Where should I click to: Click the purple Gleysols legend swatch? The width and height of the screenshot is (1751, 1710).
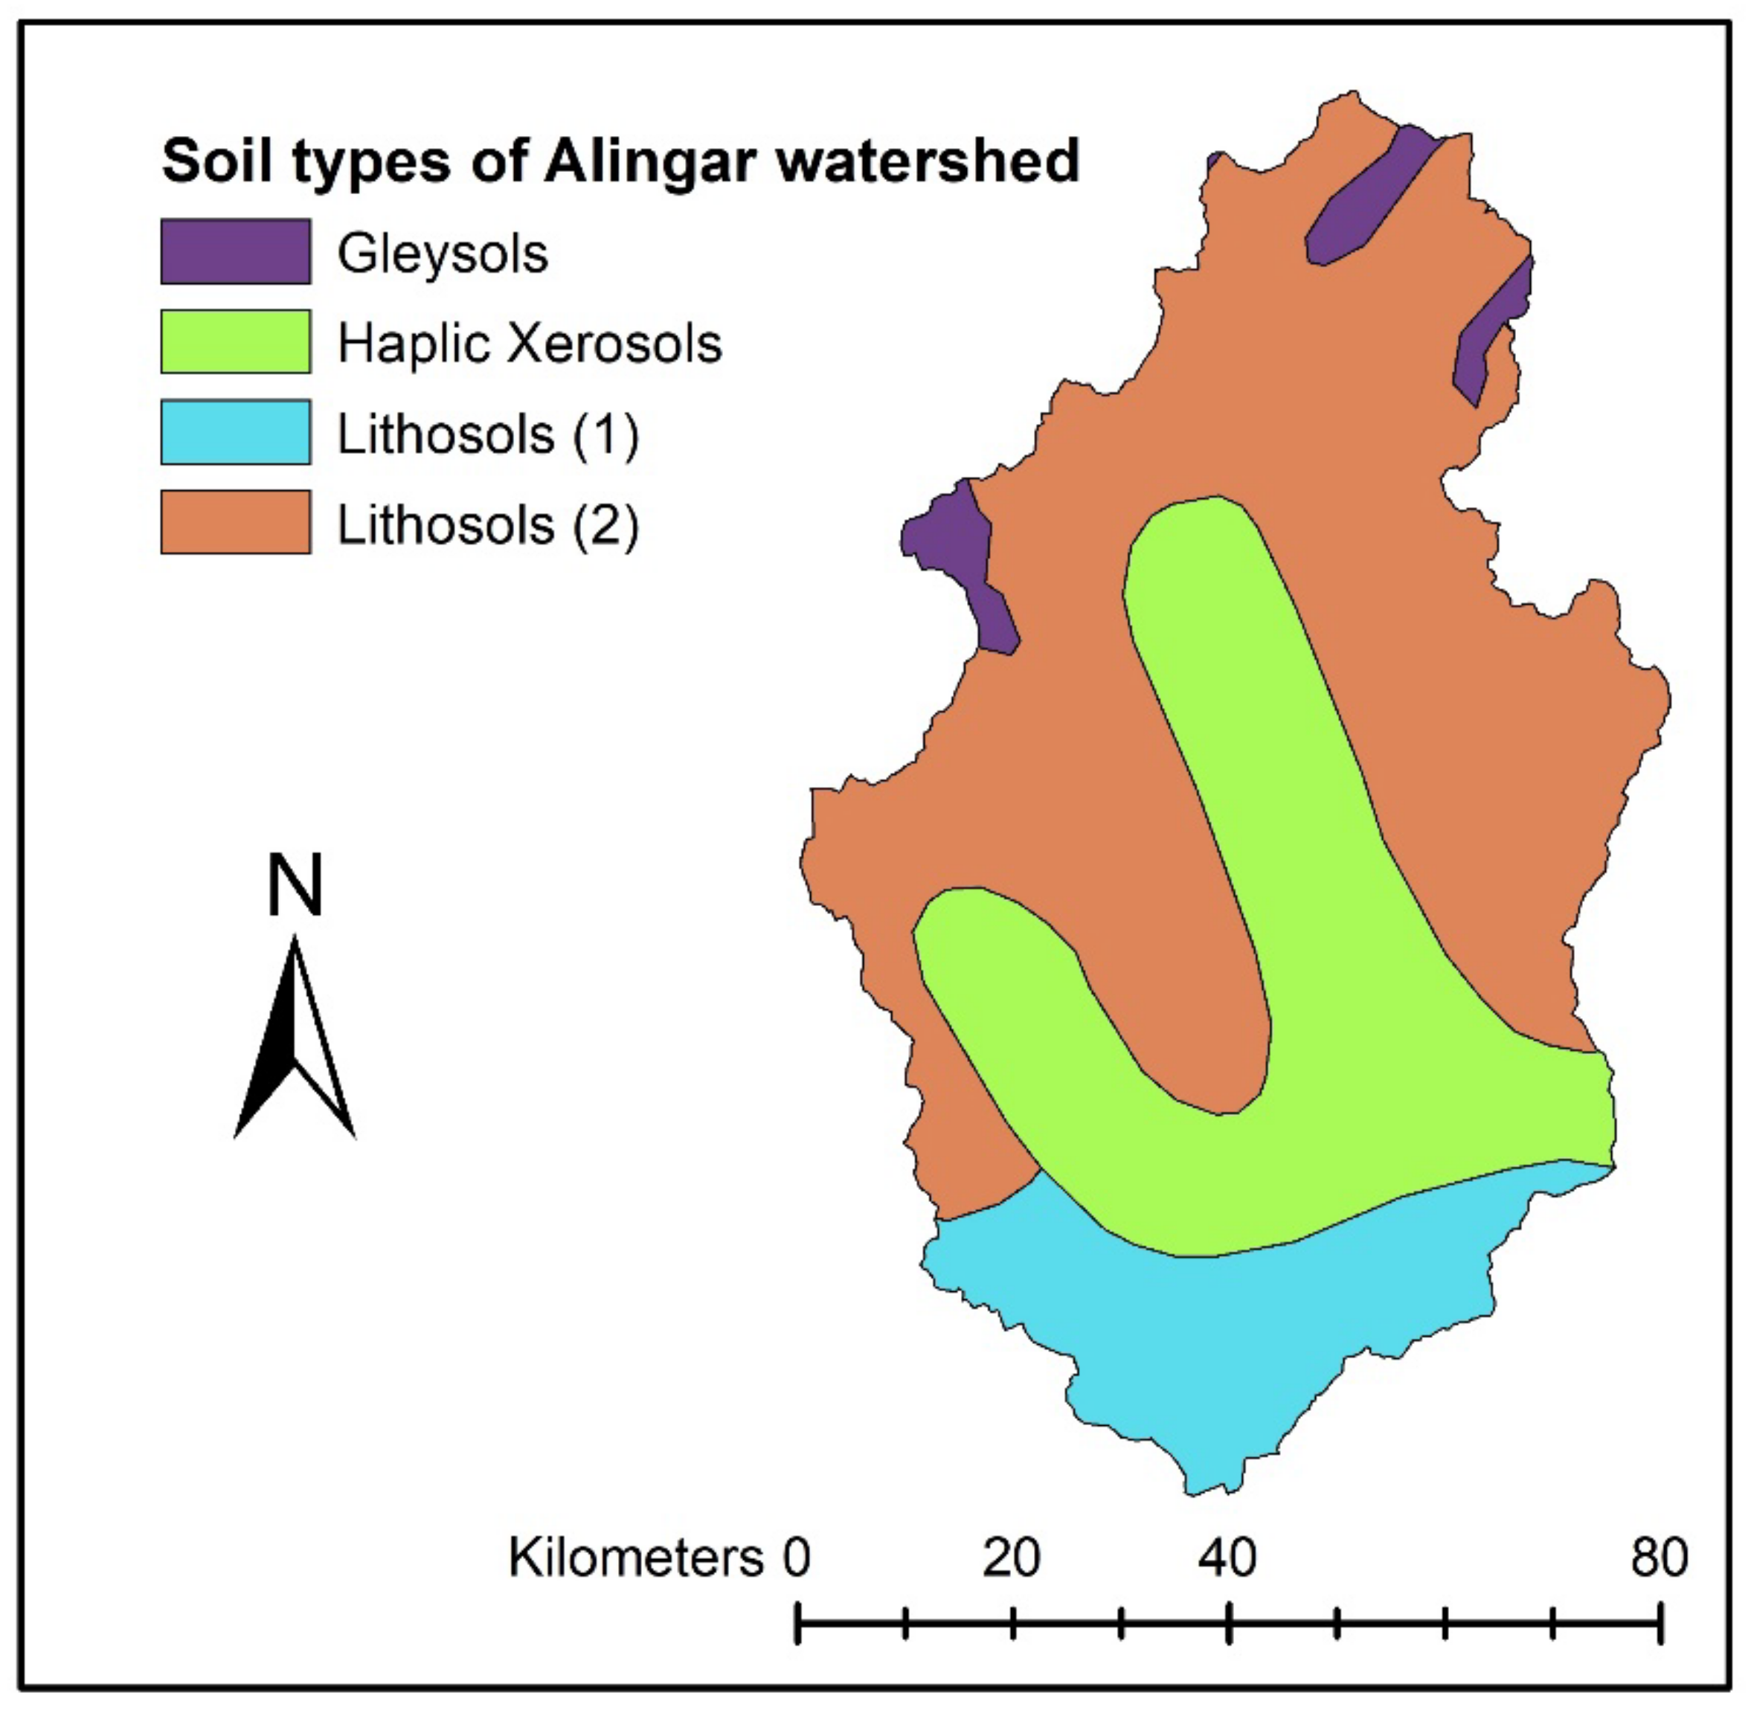235,251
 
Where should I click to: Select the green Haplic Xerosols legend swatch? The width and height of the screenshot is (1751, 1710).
235,342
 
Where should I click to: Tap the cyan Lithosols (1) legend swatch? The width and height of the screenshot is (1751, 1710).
235,433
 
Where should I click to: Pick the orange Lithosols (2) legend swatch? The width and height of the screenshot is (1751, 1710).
235,523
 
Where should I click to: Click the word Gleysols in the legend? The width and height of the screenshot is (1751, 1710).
442,254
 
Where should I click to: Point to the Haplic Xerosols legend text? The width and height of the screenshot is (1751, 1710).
529,344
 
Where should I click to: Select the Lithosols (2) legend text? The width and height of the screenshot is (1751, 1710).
487,525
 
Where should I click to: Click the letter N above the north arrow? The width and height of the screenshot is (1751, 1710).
295,884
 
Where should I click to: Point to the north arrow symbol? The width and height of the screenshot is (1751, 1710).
295,1042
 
